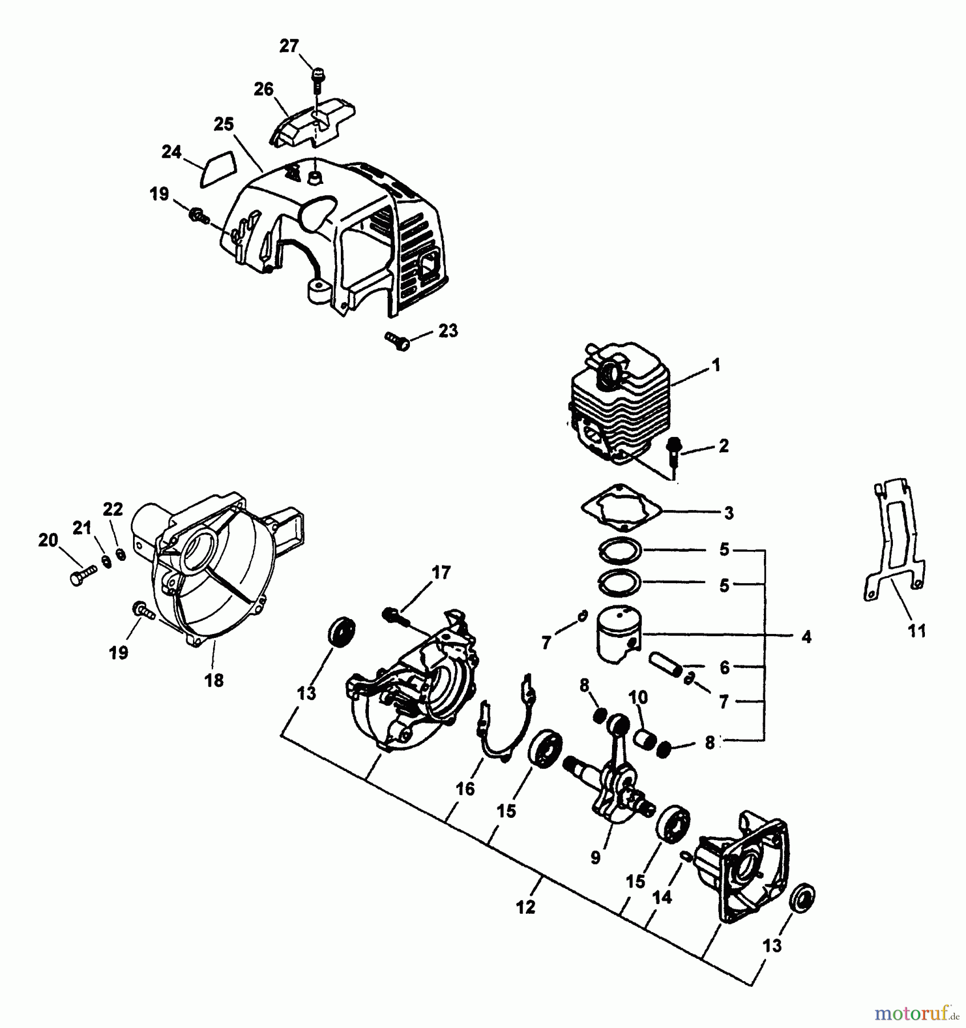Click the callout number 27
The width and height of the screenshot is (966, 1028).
[x=289, y=46]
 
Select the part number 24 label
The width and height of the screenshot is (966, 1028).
[x=171, y=152]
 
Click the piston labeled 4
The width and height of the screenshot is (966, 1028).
[x=619, y=633]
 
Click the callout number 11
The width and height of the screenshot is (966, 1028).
[x=917, y=631]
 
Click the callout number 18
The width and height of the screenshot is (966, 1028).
[x=214, y=680]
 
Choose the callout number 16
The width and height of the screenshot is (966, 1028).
[x=465, y=789]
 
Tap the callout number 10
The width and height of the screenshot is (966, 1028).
[x=638, y=697]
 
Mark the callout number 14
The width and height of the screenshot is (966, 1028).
[x=662, y=898]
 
